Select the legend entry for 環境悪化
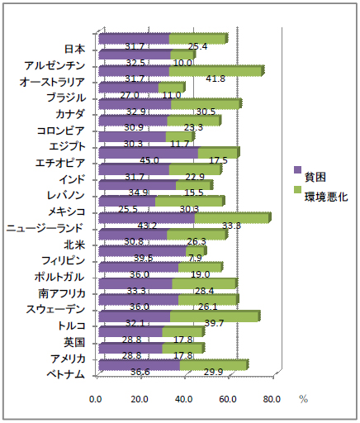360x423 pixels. tap(325, 197)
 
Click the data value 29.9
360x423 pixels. tap(212, 372)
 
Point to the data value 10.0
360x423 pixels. tap(183, 63)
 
